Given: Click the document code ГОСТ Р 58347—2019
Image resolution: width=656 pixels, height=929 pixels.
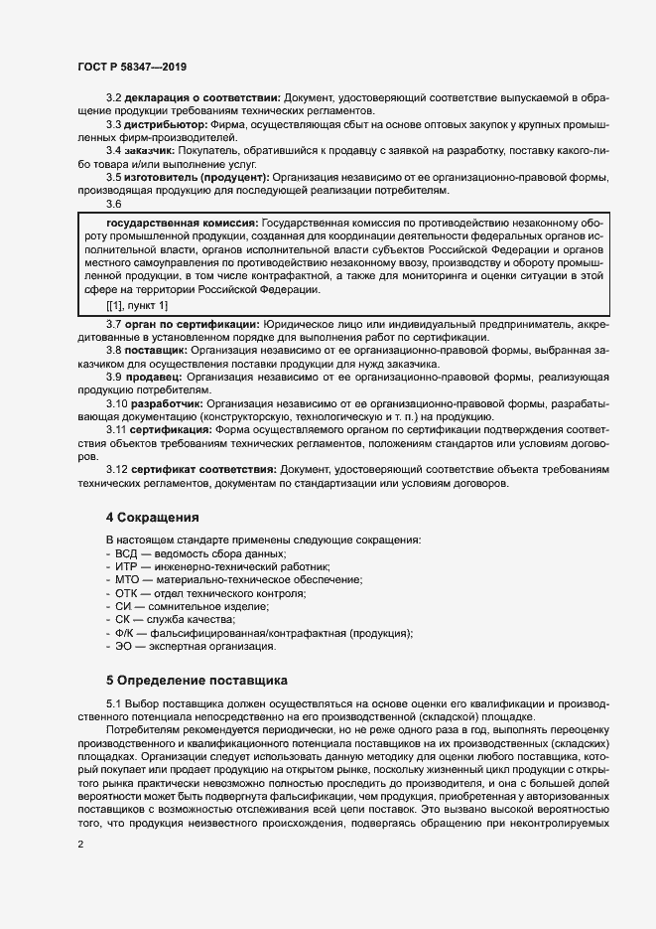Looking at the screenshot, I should point(132,67).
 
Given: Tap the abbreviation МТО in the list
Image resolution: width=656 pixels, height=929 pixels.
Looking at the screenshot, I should point(127,579).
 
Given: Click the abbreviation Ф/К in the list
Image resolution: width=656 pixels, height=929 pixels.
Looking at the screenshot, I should point(126,633).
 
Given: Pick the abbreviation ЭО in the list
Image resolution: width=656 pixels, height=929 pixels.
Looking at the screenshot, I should point(124,647).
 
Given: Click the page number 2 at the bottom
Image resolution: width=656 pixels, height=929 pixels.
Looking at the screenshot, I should point(79,845).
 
